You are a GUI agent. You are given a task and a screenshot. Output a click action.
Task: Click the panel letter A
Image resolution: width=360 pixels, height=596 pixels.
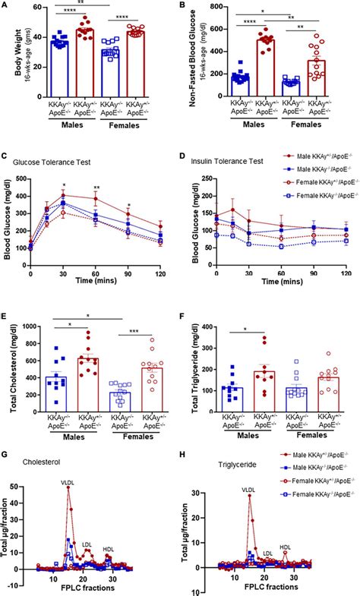click(x=5, y=6)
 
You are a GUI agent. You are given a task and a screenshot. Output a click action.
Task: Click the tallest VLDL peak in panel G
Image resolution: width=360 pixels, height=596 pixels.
click(x=68, y=487)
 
